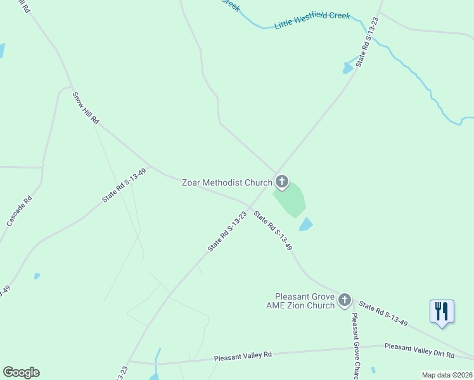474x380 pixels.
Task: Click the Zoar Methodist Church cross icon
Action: [x=281, y=182]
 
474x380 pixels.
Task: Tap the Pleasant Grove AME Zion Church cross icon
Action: [x=345, y=300]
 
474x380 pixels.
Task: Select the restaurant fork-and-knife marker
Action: [x=442, y=312]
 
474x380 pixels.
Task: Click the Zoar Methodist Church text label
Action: [x=227, y=182]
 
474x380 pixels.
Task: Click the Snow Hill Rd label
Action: [x=86, y=108]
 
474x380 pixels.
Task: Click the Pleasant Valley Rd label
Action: [x=243, y=355]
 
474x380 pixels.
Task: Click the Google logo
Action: [x=21, y=372]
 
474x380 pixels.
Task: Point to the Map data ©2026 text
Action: [x=446, y=375]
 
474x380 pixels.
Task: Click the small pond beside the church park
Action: [x=305, y=224]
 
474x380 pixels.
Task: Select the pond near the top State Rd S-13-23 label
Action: [x=347, y=67]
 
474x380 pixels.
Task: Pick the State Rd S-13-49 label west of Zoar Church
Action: [x=124, y=186]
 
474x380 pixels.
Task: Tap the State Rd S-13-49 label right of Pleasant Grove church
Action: [x=382, y=314]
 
